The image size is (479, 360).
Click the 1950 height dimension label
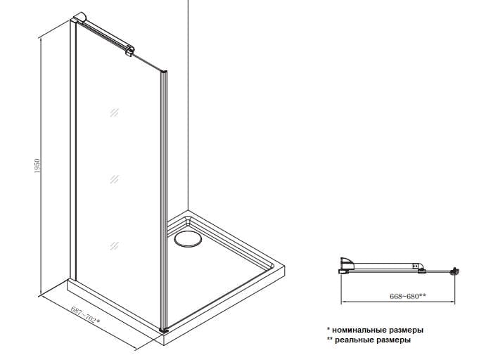[37, 166]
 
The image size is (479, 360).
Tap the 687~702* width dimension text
[86, 315]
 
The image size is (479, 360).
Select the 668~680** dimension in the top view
[407, 296]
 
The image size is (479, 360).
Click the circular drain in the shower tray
[188, 238]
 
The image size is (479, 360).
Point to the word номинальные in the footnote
[360, 330]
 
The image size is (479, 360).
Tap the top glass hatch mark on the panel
[114, 112]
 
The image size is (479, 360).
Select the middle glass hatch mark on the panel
[114, 179]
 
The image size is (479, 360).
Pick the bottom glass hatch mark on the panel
[114, 245]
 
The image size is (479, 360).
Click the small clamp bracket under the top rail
[129, 53]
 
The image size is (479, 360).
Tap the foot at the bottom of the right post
[164, 330]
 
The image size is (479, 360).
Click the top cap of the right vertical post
[164, 72]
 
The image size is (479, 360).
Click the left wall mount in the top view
[346, 265]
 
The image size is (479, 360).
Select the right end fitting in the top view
[456, 271]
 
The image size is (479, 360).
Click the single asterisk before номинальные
[328, 329]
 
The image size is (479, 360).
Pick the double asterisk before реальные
[330, 339]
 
